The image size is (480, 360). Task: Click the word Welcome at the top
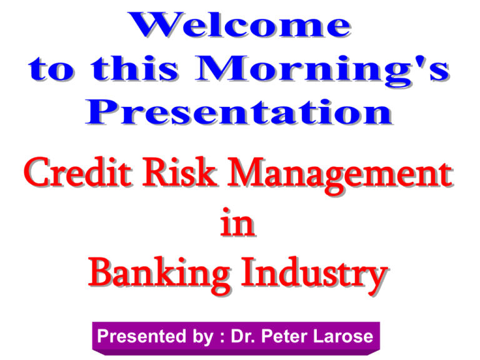point(239,26)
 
